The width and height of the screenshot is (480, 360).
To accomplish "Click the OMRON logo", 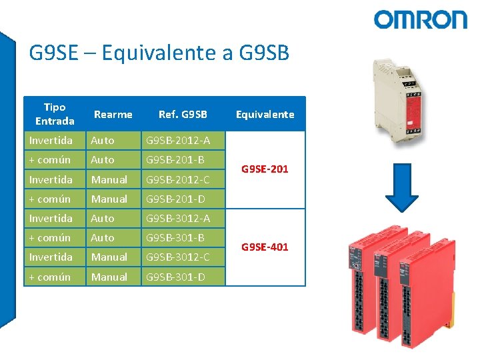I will point(420,19).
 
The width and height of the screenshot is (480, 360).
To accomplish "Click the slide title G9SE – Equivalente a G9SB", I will point(159,53).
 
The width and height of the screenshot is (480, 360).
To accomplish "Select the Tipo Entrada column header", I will point(55,114).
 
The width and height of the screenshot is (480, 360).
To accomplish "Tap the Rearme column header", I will point(113,115).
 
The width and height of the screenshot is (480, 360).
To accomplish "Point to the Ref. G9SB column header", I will point(183,115).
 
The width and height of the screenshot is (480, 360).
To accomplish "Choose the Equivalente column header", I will point(265,115).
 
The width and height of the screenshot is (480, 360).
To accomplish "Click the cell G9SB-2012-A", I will point(178,141).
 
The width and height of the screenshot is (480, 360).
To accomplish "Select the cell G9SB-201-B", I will point(175,160).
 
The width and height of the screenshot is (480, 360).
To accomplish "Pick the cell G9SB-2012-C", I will point(178,179).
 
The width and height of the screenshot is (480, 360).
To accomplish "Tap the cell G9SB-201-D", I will point(175,199).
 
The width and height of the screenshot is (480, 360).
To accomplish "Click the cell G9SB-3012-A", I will point(178,218).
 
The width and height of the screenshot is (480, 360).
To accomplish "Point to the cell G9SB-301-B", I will point(175,237).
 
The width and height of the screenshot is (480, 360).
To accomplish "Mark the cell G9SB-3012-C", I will point(178,257).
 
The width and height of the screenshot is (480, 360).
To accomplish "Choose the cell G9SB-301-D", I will point(175,277).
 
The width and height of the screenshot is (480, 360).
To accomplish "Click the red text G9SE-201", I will point(265,169).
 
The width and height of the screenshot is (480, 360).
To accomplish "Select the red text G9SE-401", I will point(265,247).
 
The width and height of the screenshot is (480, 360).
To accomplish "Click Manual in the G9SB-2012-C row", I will point(109,179).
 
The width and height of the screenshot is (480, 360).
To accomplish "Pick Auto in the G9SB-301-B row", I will point(103,237).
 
